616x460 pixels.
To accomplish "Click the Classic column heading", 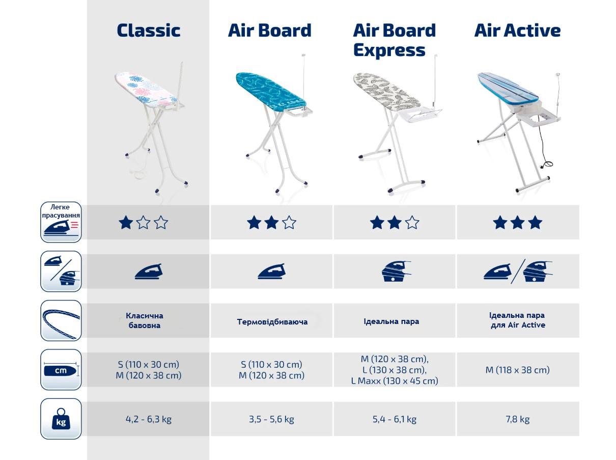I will [148, 31].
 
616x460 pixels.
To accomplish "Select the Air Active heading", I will [517, 31].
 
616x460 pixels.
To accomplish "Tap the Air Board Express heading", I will [394, 40].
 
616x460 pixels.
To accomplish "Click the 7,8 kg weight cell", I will [517, 419].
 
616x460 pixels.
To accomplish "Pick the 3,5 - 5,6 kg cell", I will [271, 419].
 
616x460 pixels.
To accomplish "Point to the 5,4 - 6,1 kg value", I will [394, 419].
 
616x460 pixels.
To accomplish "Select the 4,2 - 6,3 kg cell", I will [148, 419].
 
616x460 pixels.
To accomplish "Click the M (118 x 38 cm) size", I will [517, 370].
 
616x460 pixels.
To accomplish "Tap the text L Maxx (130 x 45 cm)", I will [394, 381].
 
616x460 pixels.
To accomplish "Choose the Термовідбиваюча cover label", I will [272, 322].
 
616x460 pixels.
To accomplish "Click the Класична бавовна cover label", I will [145, 320].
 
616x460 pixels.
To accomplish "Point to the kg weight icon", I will [61, 419].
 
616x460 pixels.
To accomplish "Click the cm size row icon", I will [61, 370].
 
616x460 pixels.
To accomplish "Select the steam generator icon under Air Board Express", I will [395, 271].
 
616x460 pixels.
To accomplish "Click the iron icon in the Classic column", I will [148, 271].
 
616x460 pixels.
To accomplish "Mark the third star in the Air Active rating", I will [535, 223].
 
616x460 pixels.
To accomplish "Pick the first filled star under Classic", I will [125, 223].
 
